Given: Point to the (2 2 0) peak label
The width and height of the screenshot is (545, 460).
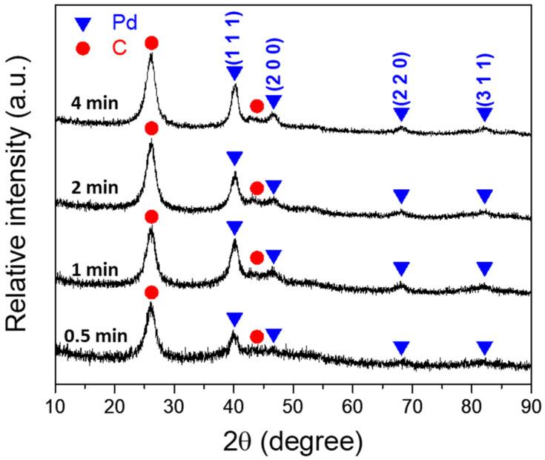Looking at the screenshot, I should click(401, 78).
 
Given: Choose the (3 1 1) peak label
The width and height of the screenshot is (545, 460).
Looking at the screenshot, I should click(484, 78).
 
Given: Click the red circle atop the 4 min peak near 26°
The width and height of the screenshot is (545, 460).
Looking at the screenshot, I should click(151, 43).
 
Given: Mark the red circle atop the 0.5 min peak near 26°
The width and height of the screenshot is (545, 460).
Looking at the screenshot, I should click(151, 292).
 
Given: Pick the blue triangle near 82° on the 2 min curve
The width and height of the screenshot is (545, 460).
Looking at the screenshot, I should click(484, 197).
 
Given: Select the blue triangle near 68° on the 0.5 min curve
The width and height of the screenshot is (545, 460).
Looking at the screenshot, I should click(401, 347).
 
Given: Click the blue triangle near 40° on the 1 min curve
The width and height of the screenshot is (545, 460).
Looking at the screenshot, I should click(234, 228).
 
